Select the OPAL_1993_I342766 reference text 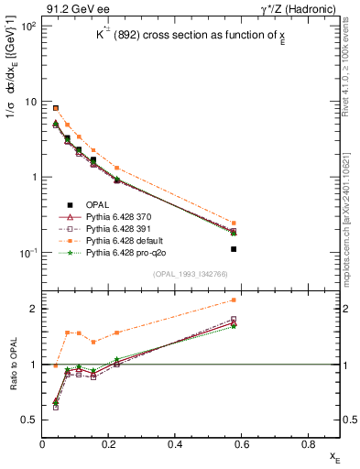195,274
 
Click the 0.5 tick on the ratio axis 30,420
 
